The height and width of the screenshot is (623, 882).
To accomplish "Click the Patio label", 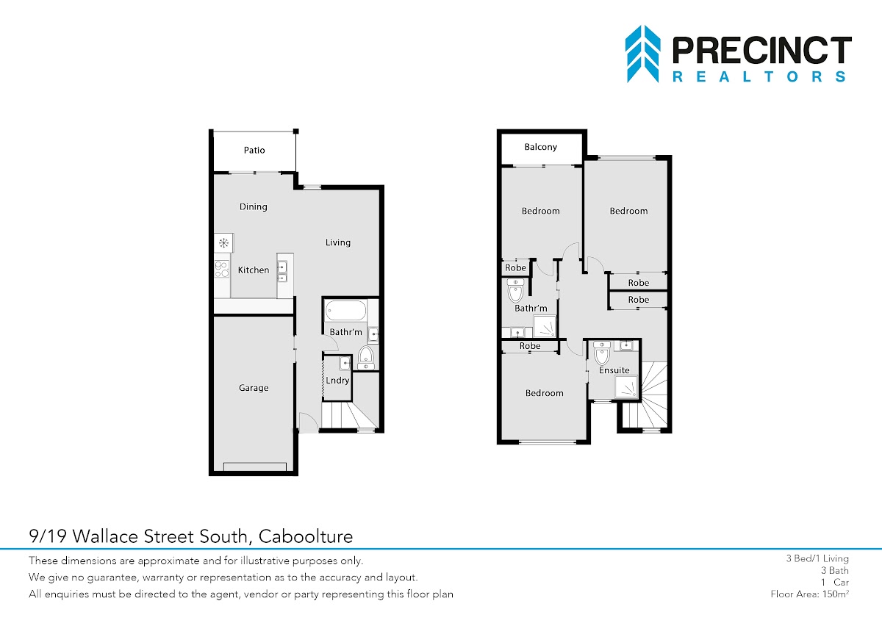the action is (x=254, y=150).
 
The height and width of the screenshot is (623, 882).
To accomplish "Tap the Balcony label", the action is (x=541, y=147).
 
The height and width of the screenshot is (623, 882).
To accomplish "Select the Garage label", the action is (x=254, y=388).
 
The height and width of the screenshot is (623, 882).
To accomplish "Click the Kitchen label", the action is (x=254, y=270).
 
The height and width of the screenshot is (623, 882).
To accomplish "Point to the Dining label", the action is (x=253, y=206).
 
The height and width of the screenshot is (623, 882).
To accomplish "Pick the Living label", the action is (x=338, y=242).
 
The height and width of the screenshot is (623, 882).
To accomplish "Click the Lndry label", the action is (x=337, y=380).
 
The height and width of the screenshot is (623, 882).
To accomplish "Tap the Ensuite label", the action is (x=614, y=370).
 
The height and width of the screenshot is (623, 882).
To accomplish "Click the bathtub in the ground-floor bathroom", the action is (x=345, y=311).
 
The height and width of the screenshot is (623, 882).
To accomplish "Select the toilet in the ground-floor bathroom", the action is (x=366, y=357).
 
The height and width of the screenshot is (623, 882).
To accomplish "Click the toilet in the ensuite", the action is (x=602, y=353).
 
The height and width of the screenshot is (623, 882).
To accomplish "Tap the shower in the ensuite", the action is (x=626, y=386).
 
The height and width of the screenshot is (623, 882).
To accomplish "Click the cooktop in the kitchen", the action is (x=222, y=270).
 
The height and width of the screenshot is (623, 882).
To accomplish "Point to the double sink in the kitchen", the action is (x=282, y=273).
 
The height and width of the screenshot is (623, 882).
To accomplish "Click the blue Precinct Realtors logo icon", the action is (x=642, y=54).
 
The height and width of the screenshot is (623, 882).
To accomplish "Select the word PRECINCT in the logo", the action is (x=762, y=50).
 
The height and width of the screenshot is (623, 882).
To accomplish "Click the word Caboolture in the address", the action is (x=306, y=536).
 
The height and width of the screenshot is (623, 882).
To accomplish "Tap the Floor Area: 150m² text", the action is (x=809, y=594).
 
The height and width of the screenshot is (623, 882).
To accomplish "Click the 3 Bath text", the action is (x=835, y=570).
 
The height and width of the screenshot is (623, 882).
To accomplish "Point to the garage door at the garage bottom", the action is (x=255, y=467).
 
